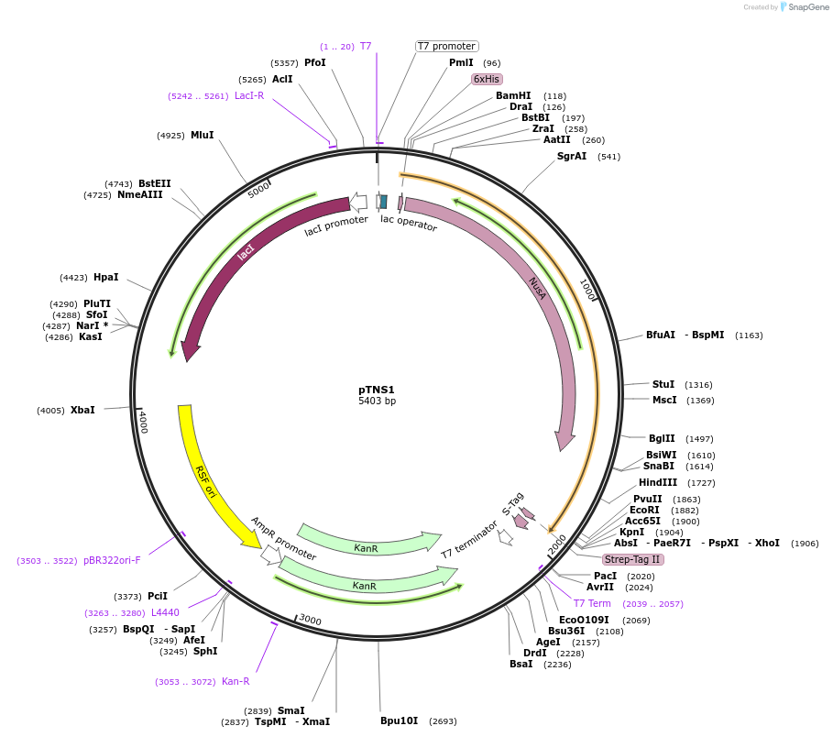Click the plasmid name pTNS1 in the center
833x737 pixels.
tap(377, 390)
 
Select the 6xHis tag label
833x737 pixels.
tap(487, 79)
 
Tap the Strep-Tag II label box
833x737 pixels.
tap(632, 559)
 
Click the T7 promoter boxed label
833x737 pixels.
tap(447, 46)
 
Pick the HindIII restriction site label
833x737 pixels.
tap(658, 482)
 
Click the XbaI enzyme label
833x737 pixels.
tap(82, 410)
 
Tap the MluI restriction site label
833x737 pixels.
tap(202, 135)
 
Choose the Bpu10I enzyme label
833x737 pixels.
tap(399, 720)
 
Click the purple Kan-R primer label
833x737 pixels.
tap(236, 681)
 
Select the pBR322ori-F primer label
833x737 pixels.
tap(112, 560)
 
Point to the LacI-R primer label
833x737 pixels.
tap(249, 95)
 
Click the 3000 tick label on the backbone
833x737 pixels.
tap(310, 621)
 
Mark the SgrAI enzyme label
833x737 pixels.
tap(572, 156)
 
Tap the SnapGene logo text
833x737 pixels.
tap(806, 6)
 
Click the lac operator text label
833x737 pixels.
tap(409, 223)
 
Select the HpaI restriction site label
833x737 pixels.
tap(106, 277)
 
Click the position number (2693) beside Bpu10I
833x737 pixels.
tap(443, 721)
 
